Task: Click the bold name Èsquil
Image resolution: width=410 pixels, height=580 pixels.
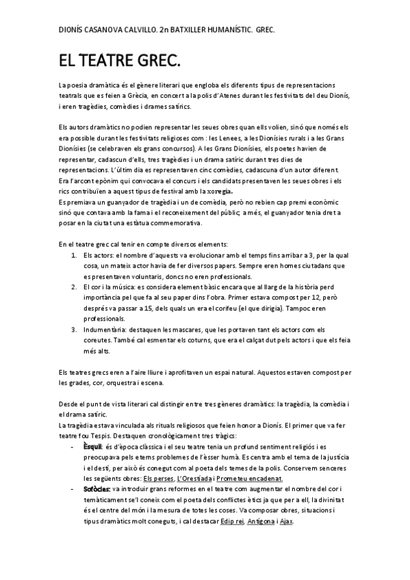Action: pyautogui.click(x=92, y=447)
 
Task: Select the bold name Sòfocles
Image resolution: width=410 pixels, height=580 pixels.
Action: pyautogui.click(x=97, y=490)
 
